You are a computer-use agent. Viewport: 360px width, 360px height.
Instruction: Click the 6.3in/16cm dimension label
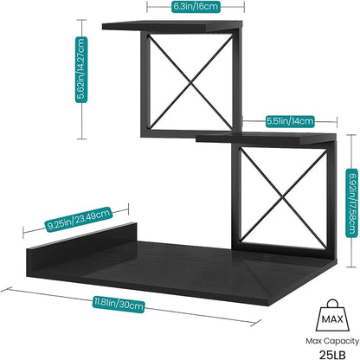(x=196, y=6)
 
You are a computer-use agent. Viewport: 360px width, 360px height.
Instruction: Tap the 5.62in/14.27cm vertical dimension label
(x=81, y=70)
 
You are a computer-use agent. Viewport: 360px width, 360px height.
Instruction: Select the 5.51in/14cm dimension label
(x=289, y=121)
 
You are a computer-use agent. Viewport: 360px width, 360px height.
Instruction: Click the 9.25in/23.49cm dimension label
(x=78, y=219)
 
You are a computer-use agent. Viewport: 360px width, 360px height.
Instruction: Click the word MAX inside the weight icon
(x=332, y=319)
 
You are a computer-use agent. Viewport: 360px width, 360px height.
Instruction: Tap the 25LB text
(x=332, y=354)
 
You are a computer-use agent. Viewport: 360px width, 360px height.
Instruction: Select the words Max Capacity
(x=332, y=341)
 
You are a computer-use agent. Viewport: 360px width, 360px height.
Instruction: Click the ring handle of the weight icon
(x=332, y=303)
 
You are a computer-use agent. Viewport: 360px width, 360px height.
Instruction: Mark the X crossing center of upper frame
(x=190, y=82)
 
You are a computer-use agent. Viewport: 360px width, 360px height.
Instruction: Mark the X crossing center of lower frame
(x=284, y=197)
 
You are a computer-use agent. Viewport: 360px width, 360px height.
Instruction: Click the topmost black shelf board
(x=172, y=26)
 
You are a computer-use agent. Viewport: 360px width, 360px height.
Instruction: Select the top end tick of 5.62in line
(x=81, y=20)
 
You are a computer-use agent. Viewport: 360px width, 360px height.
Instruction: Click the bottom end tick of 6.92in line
(x=351, y=267)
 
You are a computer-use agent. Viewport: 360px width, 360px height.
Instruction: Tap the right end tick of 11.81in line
(x=256, y=323)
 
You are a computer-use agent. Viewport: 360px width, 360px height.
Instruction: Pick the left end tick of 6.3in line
(x=147, y=7)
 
